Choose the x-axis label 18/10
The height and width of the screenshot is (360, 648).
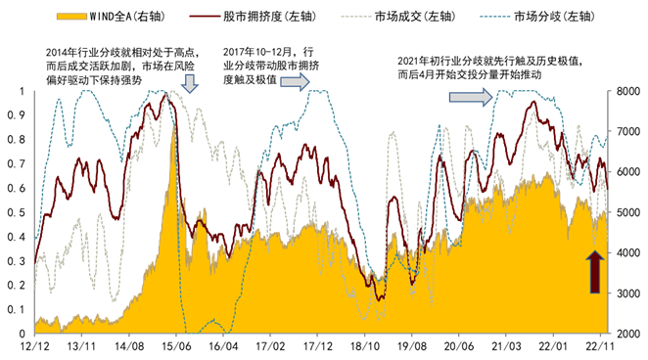point(364,347)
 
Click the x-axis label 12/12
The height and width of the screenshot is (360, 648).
point(35,347)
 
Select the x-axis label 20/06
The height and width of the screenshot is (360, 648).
point(458,347)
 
